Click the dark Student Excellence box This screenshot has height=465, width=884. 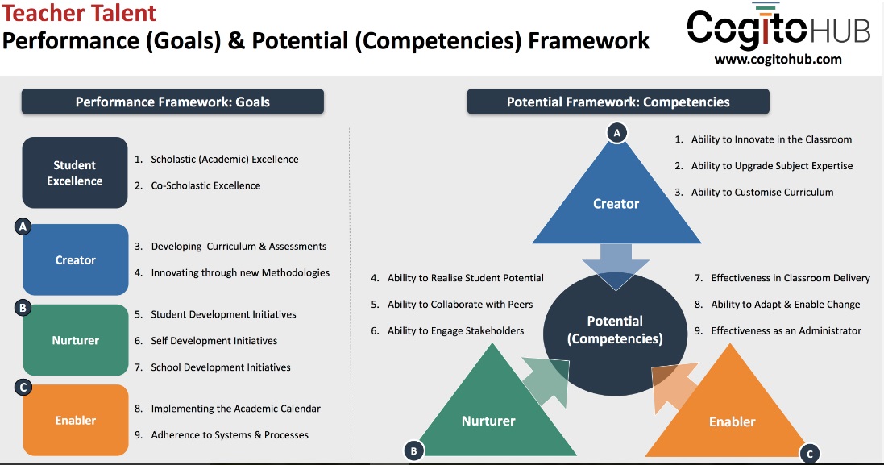(x=75, y=172)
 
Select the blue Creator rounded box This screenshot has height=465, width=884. (x=76, y=259)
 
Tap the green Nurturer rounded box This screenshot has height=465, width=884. (x=76, y=340)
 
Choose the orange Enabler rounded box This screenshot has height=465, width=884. (x=76, y=420)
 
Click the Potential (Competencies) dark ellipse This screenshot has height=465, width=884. (x=615, y=334)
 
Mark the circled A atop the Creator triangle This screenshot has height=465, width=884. (x=616, y=133)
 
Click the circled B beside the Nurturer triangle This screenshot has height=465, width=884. (x=414, y=451)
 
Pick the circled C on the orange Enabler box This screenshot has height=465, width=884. (x=23, y=387)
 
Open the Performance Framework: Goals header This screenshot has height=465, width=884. (x=172, y=102)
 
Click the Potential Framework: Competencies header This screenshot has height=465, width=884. (x=618, y=102)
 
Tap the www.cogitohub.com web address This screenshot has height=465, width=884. (x=778, y=59)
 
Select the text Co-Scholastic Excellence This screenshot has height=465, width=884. (x=205, y=185)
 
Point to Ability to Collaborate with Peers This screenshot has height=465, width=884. (x=460, y=305)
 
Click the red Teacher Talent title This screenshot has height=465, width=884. (x=79, y=13)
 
